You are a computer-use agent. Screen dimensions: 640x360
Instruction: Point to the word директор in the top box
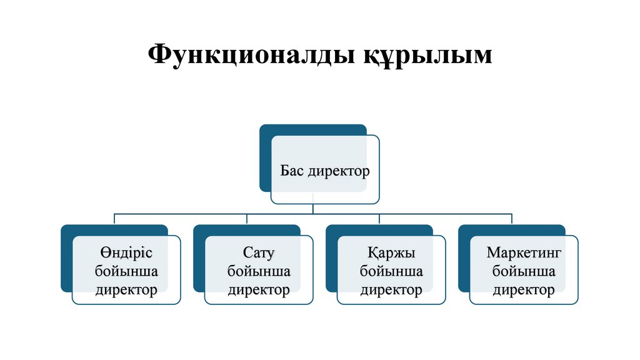(338, 170)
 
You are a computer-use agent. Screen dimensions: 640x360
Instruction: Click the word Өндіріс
(126, 253)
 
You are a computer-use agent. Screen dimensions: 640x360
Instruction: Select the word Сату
(259, 253)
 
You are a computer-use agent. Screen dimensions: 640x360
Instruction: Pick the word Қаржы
(391, 253)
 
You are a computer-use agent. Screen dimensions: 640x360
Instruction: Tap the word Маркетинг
(524, 253)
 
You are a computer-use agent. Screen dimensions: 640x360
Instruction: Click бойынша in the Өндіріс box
(126, 271)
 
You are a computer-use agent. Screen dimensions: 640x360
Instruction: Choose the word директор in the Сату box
(259, 289)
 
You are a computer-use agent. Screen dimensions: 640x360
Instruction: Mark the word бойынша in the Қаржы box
(391, 271)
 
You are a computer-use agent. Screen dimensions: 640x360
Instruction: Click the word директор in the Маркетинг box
(524, 289)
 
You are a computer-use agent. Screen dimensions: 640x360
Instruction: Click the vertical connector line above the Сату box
(247, 219)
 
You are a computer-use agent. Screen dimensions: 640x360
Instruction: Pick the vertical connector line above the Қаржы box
(379, 219)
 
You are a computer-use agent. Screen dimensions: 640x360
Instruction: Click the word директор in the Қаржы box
(391, 289)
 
